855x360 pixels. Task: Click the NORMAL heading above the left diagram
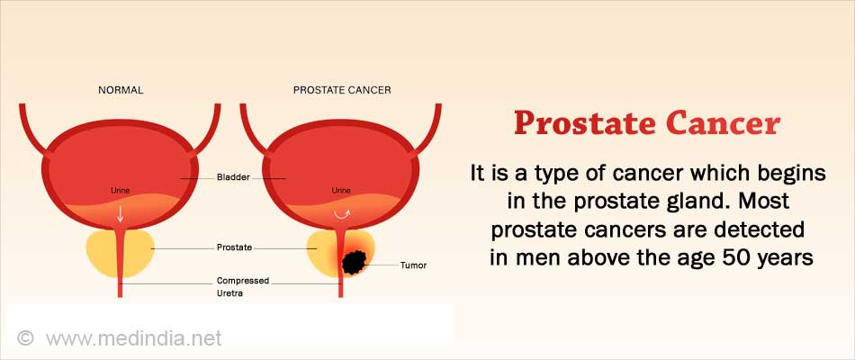[121, 90]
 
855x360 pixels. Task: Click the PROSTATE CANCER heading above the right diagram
[342, 90]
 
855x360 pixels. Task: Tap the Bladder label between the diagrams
[233, 178]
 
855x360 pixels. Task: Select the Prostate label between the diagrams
[235, 247]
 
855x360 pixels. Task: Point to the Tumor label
[413, 265]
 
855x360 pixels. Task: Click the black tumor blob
[355, 263]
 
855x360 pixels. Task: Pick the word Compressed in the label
[243, 281]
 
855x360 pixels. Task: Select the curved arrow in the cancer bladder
[341, 214]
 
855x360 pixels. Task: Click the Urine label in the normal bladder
[120, 191]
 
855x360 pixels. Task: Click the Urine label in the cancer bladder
[341, 191]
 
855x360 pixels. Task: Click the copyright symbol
[25, 337]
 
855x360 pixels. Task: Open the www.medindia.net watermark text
[133, 338]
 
